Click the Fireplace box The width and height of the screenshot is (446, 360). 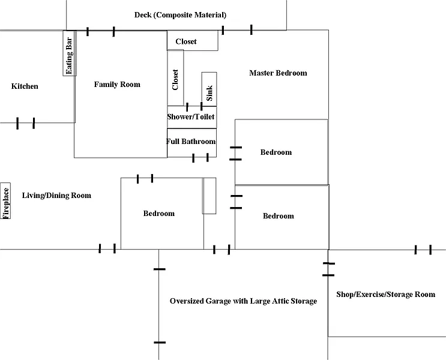pyautogui.click(x=6, y=201)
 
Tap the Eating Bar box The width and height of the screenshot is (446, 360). pyautogui.click(x=69, y=54)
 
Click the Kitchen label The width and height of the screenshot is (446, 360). pyautogui.click(x=25, y=86)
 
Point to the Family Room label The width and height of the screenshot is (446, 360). pyautogui.click(x=117, y=85)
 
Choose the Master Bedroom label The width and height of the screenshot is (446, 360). pyautogui.click(x=278, y=73)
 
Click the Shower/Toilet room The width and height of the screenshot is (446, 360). pyautogui.click(x=191, y=116)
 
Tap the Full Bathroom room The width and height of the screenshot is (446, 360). pyautogui.click(x=191, y=142)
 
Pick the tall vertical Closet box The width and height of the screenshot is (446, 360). pyautogui.click(x=175, y=78)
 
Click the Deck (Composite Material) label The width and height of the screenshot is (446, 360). pyautogui.click(x=180, y=15)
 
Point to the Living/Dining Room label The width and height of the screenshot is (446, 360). pyautogui.click(x=56, y=196)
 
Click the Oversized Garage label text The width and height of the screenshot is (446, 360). pyautogui.click(x=243, y=301)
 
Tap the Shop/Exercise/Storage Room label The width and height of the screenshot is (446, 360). pyautogui.click(x=385, y=295)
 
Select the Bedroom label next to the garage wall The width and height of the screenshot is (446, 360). pyautogui.click(x=279, y=216)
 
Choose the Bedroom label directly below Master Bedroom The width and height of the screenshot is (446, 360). pyautogui.click(x=276, y=152)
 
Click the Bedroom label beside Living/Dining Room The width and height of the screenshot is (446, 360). pyautogui.click(x=159, y=214)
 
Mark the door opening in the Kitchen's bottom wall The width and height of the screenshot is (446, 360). pyautogui.click(x=26, y=123)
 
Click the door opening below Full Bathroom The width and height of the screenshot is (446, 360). pyautogui.click(x=200, y=158)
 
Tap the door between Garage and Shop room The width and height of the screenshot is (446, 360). pyautogui.click(x=328, y=269)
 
